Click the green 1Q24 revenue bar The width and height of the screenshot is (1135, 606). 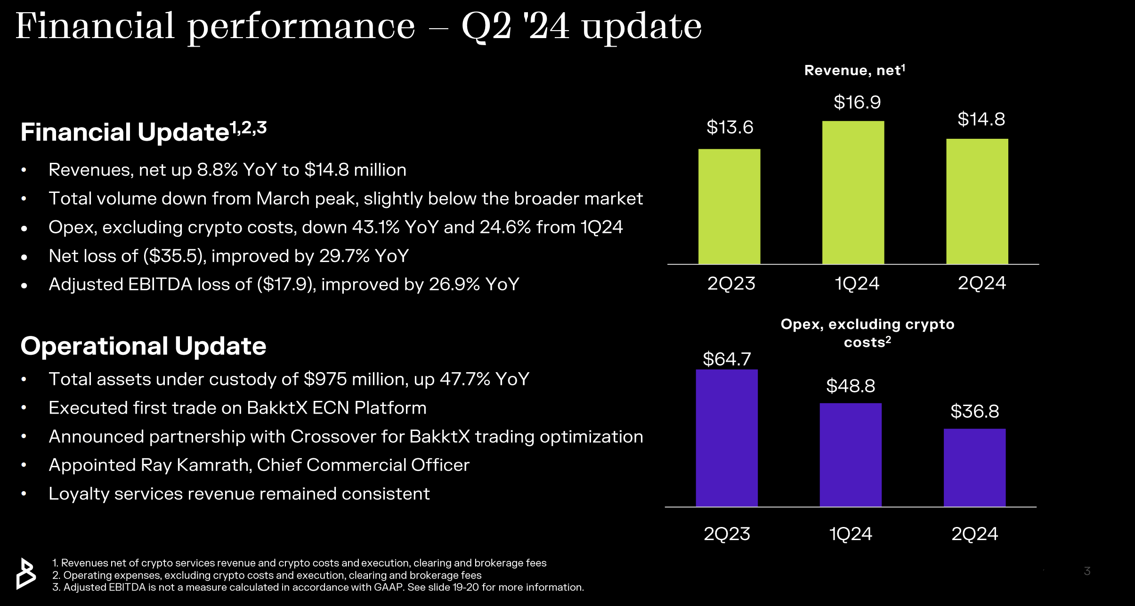tap(853, 193)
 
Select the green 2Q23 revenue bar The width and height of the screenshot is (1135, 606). tap(729, 207)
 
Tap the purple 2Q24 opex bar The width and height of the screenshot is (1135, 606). tap(974, 468)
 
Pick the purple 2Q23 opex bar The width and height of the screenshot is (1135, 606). tap(727, 438)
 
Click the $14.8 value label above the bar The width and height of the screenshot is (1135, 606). tap(981, 120)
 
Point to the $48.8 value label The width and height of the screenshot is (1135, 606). tap(851, 386)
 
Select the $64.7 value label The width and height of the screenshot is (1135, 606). tap(727, 359)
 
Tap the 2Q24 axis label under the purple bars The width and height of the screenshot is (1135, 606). tap(974, 534)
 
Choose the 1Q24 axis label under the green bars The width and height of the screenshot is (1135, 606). tap(857, 284)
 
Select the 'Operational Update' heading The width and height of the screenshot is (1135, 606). tap(143, 346)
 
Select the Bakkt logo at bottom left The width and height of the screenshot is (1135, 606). tap(26, 574)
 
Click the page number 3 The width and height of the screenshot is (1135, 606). tap(1087, 571)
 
